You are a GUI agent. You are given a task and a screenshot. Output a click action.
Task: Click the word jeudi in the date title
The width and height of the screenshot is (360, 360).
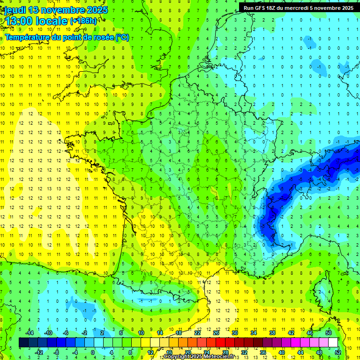point(15,10)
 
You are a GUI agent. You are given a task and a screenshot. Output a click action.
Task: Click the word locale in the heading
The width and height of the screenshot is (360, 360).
point(52,21)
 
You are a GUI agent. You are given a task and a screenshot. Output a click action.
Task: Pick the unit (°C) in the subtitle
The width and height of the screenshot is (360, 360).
point(122,37)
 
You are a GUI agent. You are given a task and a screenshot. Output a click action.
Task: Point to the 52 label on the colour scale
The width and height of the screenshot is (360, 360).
point(338,352)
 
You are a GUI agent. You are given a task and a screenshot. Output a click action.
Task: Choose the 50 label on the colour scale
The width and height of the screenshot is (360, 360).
point(329,332)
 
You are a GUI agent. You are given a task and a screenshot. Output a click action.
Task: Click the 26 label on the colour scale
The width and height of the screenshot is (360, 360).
point(216,332)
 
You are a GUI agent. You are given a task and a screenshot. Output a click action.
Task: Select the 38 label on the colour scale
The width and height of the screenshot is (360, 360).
point(272,332)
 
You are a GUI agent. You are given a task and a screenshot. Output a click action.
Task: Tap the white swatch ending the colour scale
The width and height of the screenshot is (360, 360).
point(333,342)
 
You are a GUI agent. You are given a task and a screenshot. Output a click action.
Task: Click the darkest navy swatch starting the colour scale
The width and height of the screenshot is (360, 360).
point(23,342)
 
